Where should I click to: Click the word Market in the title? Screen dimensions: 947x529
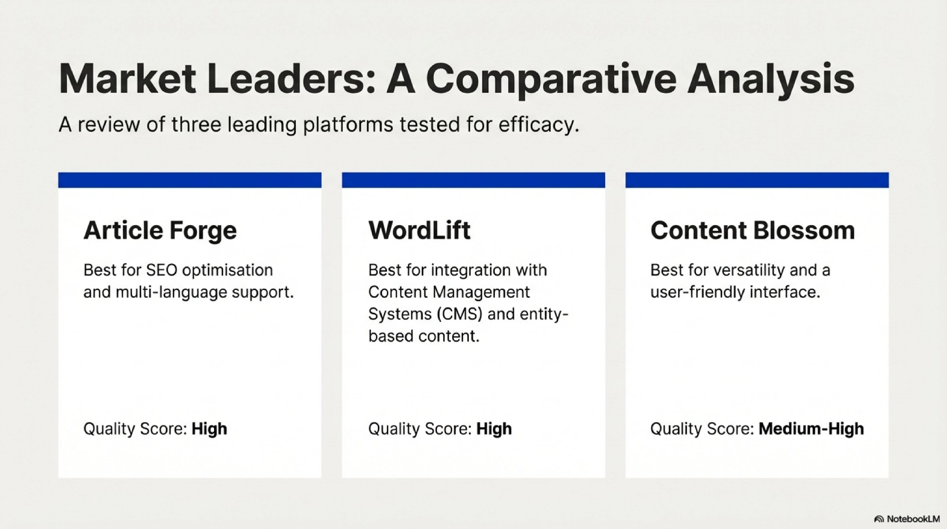pos(127,79)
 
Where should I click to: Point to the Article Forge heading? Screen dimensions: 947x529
pos(160,231)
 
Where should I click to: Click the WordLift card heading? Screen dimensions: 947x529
pos(420,230)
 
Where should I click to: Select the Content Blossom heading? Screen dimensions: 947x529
pos(752,230)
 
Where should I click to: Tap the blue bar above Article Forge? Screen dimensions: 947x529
pos(190,180)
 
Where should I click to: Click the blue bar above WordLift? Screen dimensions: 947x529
pos(473,180)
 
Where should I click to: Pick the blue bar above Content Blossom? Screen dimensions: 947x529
pos(757,180)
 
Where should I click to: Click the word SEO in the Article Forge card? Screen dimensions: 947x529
pos(162,270)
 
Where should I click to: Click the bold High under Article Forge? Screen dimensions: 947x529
pos(209,429)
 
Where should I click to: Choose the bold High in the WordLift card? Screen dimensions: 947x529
pos(494,429)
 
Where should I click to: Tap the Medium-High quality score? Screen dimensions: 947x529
pos(811,429)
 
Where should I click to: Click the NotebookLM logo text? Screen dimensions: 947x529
pos(913,519)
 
